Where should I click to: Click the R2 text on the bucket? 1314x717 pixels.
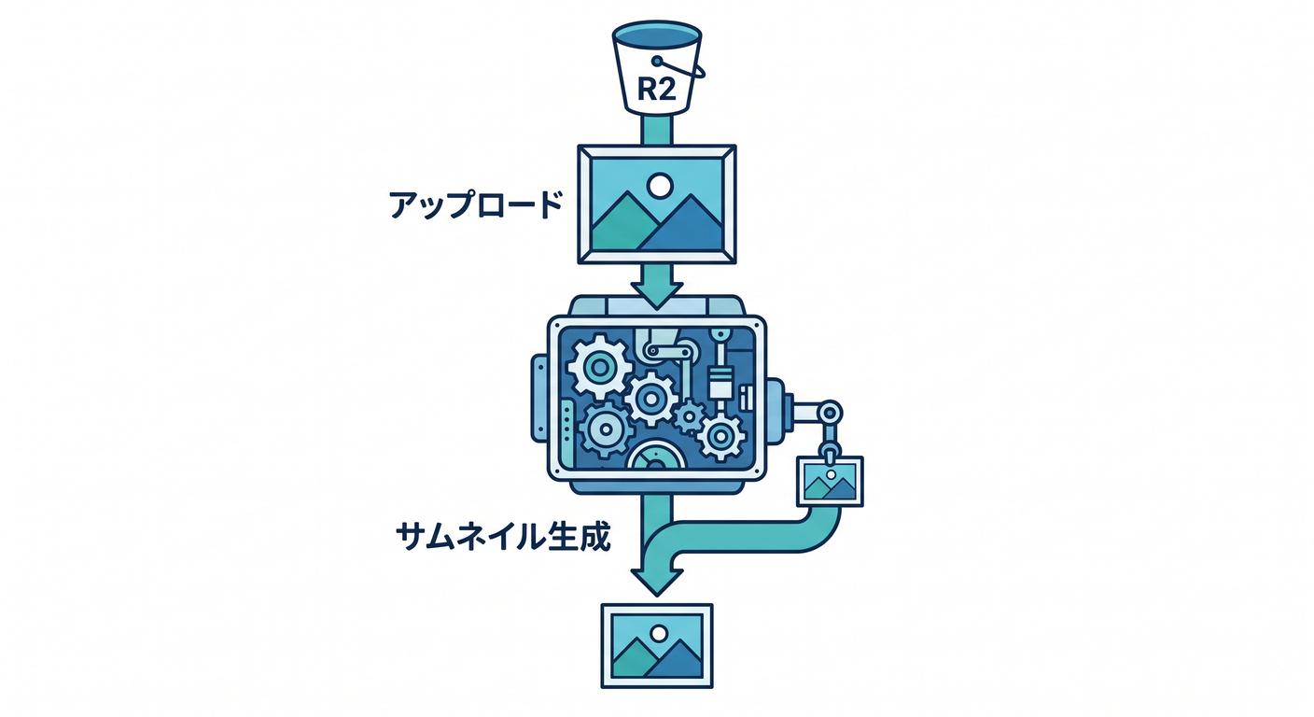(656, 90)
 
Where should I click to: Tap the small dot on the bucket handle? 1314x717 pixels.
(657, 61)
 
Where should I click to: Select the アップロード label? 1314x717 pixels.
(476, 204)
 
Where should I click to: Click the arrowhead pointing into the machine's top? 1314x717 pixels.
(657, 295)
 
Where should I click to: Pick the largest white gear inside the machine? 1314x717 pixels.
(599, 367)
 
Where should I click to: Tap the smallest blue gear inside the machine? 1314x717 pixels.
(690, 417)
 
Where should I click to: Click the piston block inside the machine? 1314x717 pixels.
(721, 383)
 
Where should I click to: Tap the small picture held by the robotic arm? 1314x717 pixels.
(830, 481)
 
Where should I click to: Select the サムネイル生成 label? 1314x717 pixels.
(503, 537)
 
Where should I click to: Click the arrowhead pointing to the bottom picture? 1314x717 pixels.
(657, 582)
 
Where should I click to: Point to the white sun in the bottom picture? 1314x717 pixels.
(658, 634)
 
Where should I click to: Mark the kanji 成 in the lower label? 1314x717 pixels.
(594, 537)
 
